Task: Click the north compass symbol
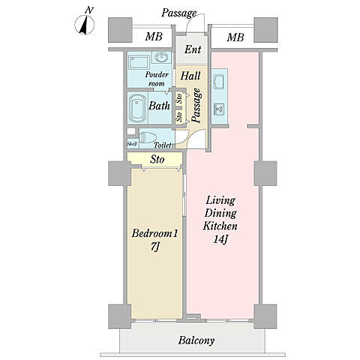coord(85,25)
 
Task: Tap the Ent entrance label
coord(193,49)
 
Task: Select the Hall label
coord(190,76)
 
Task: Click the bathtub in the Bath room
coord(137,108)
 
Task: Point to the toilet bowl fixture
coord(148,137)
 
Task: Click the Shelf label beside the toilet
coord(132,144)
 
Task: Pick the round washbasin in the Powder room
coord(160,57)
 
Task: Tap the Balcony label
coord(196,340)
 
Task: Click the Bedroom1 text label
coord(154,233)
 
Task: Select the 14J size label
coord(220,239)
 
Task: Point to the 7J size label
coord(155,247)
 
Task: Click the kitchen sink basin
coord(219,81)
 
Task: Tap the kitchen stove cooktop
coord(219,109)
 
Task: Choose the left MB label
coord(154,37)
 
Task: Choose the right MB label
coord(235,37)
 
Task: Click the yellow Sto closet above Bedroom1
coord(154,159)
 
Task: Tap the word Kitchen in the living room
coord(220,226)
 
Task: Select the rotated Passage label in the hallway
coord(196,106)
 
